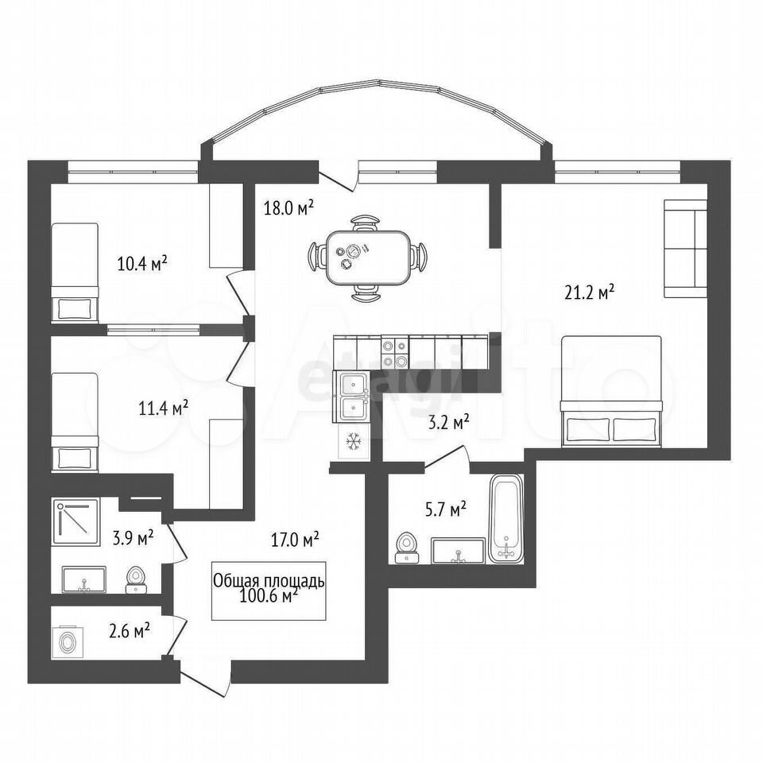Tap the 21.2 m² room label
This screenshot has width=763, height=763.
click(589, 293)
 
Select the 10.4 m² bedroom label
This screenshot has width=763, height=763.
click(142, 263)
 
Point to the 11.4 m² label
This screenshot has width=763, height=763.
click(164, 408)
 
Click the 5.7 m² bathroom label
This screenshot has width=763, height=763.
click(445, 510)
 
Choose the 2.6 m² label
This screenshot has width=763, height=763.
click(129, 632)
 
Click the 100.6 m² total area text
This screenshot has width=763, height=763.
click(269, 595)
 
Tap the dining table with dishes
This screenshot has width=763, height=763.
click(367, 258)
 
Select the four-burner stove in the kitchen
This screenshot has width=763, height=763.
click(394, 353)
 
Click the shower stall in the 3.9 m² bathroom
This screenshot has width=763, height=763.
click(76, 521)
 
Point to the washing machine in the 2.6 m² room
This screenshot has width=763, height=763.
click(68, 642)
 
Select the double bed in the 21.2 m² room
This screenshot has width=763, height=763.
click(611, 391)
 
